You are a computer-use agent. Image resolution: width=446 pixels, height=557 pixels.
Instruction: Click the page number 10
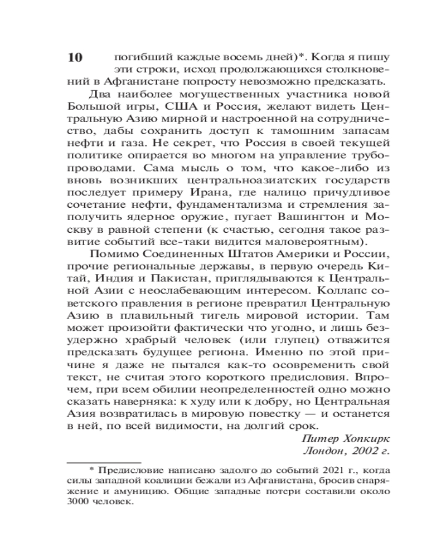click(x=74, y=58)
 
